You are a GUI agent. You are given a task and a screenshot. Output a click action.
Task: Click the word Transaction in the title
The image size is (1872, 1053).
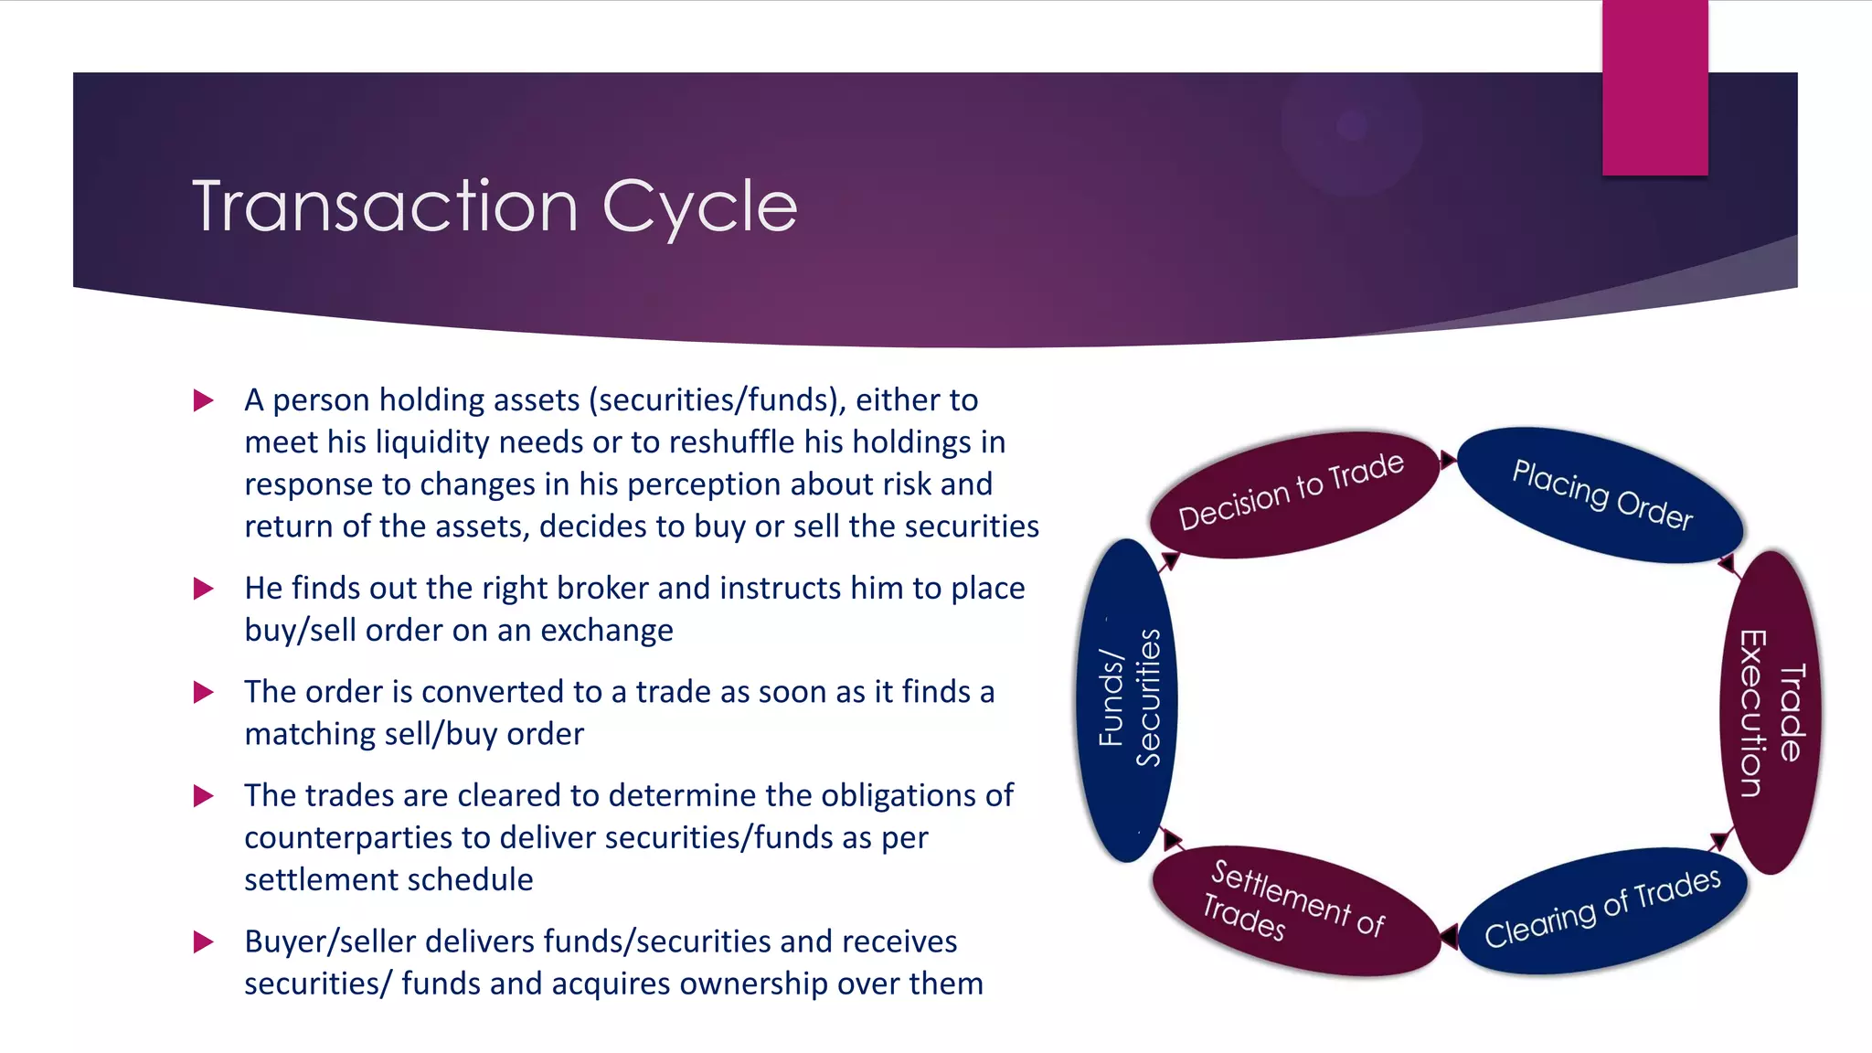[385, 207]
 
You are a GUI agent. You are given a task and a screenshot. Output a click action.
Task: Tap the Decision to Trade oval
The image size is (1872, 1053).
[1292, 494]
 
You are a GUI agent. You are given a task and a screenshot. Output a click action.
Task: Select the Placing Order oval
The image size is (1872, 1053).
[1601, 495]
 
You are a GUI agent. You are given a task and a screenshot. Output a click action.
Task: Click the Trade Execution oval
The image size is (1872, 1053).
[1772, 713]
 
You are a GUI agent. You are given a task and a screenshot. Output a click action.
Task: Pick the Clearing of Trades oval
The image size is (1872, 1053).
[1601, 909]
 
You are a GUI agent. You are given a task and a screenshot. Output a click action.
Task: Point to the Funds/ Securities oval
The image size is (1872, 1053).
[1128, 699]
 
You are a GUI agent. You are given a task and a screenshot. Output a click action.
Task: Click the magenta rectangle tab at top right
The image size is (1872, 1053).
[1654, 88]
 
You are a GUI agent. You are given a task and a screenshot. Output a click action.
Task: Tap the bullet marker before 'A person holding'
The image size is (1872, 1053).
[203, 400]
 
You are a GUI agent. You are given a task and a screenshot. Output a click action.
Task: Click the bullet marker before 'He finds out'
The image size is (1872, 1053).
[203, 589]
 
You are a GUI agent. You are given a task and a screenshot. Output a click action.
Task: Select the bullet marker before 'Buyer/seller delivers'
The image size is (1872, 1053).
[203, 941]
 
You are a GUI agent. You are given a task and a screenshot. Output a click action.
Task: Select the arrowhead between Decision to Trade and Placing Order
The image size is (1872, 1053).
[1448, 459]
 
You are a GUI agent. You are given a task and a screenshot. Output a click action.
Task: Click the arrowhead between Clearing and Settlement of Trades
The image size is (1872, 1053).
[1449, 936]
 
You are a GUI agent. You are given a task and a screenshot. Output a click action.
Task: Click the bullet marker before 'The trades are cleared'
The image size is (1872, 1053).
[203, 796]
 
